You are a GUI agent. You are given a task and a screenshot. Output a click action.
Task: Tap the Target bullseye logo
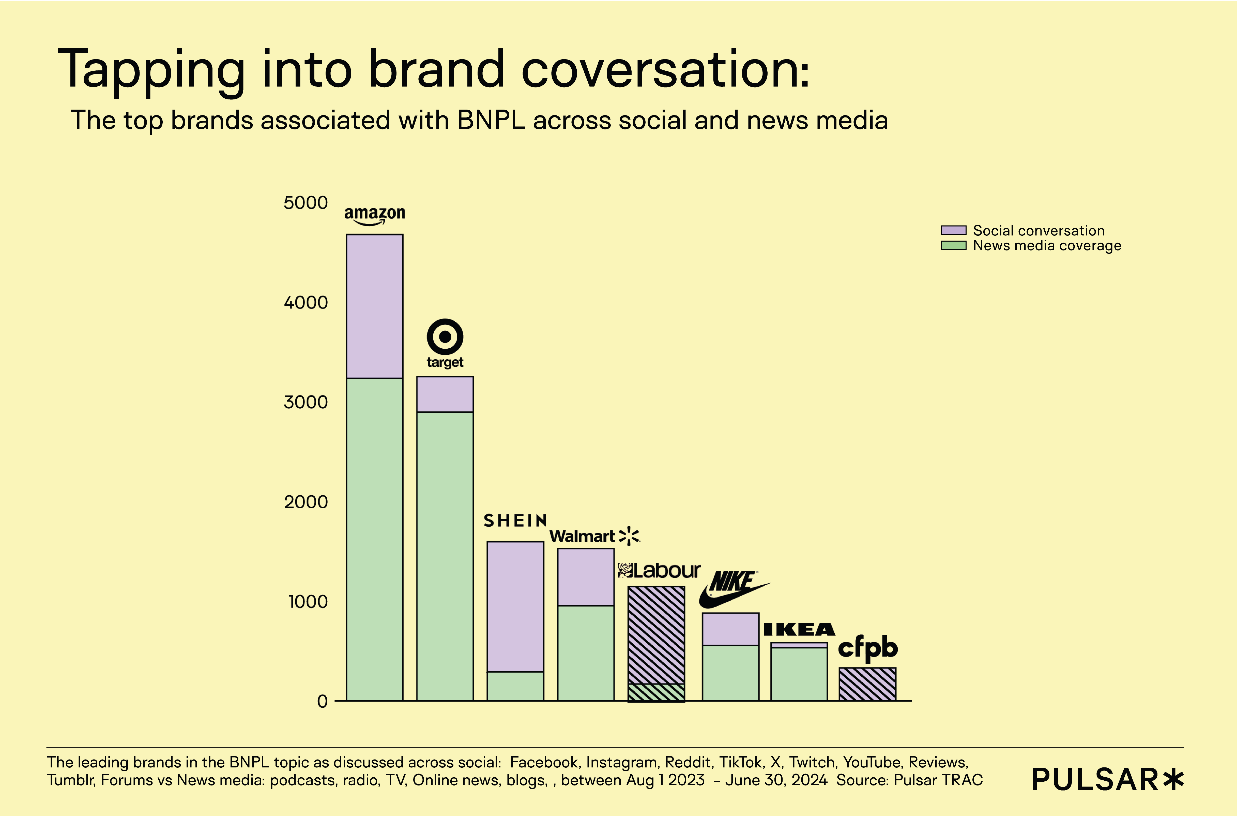coord(445,337)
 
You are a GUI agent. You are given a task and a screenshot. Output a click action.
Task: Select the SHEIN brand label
coord(515,521)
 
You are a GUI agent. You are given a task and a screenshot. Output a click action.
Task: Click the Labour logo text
coord(659,571)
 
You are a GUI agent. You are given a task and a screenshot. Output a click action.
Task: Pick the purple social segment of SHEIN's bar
coord(515,606)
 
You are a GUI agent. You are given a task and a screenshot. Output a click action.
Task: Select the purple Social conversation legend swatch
coord(953,230)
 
